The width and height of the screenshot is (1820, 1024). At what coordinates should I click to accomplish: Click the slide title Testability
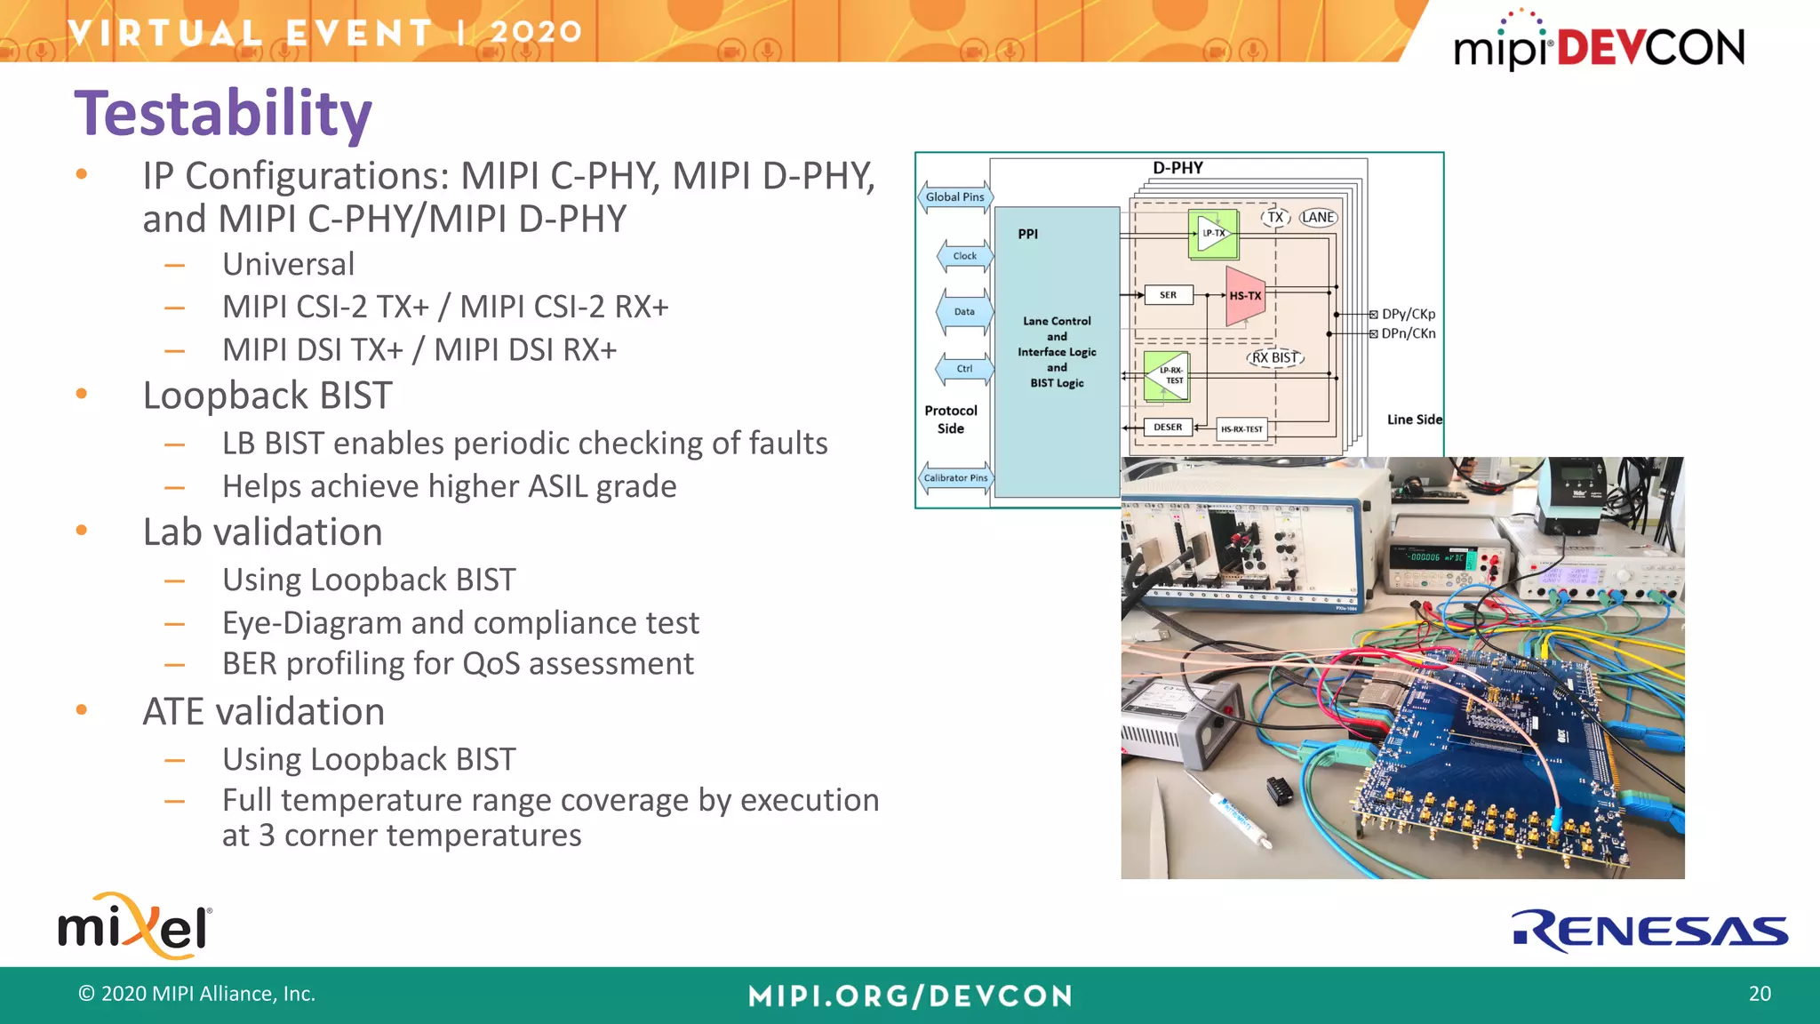click(x=222, y=114)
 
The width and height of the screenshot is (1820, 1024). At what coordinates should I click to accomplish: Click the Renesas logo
click(x=1649, y=931)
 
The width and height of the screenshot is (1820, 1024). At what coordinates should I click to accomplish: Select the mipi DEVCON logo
click(x=1599, y=44)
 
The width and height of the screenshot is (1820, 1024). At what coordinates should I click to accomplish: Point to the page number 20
click(x=1759, y=994)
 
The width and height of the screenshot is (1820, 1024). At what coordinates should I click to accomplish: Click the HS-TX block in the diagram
click(x=1244, y=296)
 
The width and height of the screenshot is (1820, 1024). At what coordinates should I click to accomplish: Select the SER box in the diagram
click(x=1168, y=295)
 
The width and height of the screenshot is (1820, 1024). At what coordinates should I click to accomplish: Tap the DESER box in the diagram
click(x=1168, y=428)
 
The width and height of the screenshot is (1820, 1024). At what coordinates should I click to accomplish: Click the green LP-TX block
click(x=1213, y=234)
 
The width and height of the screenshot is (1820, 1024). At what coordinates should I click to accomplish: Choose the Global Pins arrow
click(x=954, y=197)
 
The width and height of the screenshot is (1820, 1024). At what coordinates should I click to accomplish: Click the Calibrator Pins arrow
click(x=955, y=478)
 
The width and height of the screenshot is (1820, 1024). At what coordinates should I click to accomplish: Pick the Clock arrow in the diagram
click(x=964, y=256)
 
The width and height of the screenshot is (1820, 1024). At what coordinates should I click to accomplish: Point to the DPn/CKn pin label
click(x=1408, y=334)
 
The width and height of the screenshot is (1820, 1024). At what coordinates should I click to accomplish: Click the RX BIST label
click(x=1275, y=358)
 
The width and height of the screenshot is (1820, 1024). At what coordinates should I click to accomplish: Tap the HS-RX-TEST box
click(x=1241, y=429)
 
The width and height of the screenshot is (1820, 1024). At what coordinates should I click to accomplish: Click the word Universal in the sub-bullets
click(x=288, y=264)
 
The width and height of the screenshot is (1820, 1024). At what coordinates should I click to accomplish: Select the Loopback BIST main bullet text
click(x=267, y=396)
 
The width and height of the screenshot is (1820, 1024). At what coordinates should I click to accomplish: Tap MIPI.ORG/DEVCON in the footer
click(x=910, y=996)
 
